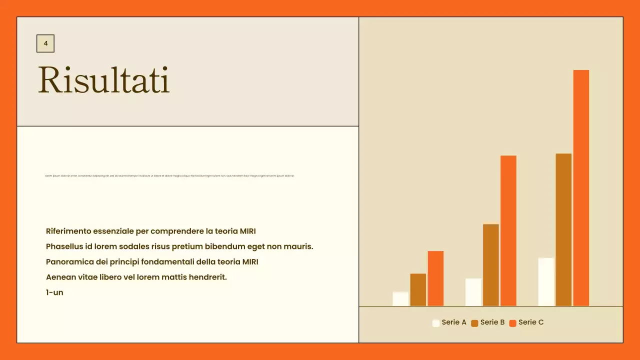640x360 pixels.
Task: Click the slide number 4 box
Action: pos(45,43)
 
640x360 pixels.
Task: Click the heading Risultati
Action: pos(104,80)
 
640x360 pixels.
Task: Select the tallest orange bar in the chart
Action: pos(581,187)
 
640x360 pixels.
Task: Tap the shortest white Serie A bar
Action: pos(400,299)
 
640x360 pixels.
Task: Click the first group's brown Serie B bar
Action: pos(418,290)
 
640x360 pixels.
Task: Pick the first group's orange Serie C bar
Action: pos(435,278)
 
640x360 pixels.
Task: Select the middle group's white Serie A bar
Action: pos(473,292)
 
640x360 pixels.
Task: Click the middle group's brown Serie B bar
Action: pos(491,265)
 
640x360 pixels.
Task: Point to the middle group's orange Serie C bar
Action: pos(508,231)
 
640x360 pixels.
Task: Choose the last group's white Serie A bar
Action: pos(546,282)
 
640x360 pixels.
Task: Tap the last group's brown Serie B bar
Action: pos(563,230)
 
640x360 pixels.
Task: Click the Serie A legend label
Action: pos(454,322)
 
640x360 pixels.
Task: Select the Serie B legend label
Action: pos(492,322)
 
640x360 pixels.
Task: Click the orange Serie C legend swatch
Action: pos(512,323)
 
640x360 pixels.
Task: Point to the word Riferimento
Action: pos(68,231)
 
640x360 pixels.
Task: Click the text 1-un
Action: pos(54,292)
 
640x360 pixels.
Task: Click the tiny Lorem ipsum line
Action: pos(169,176)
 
